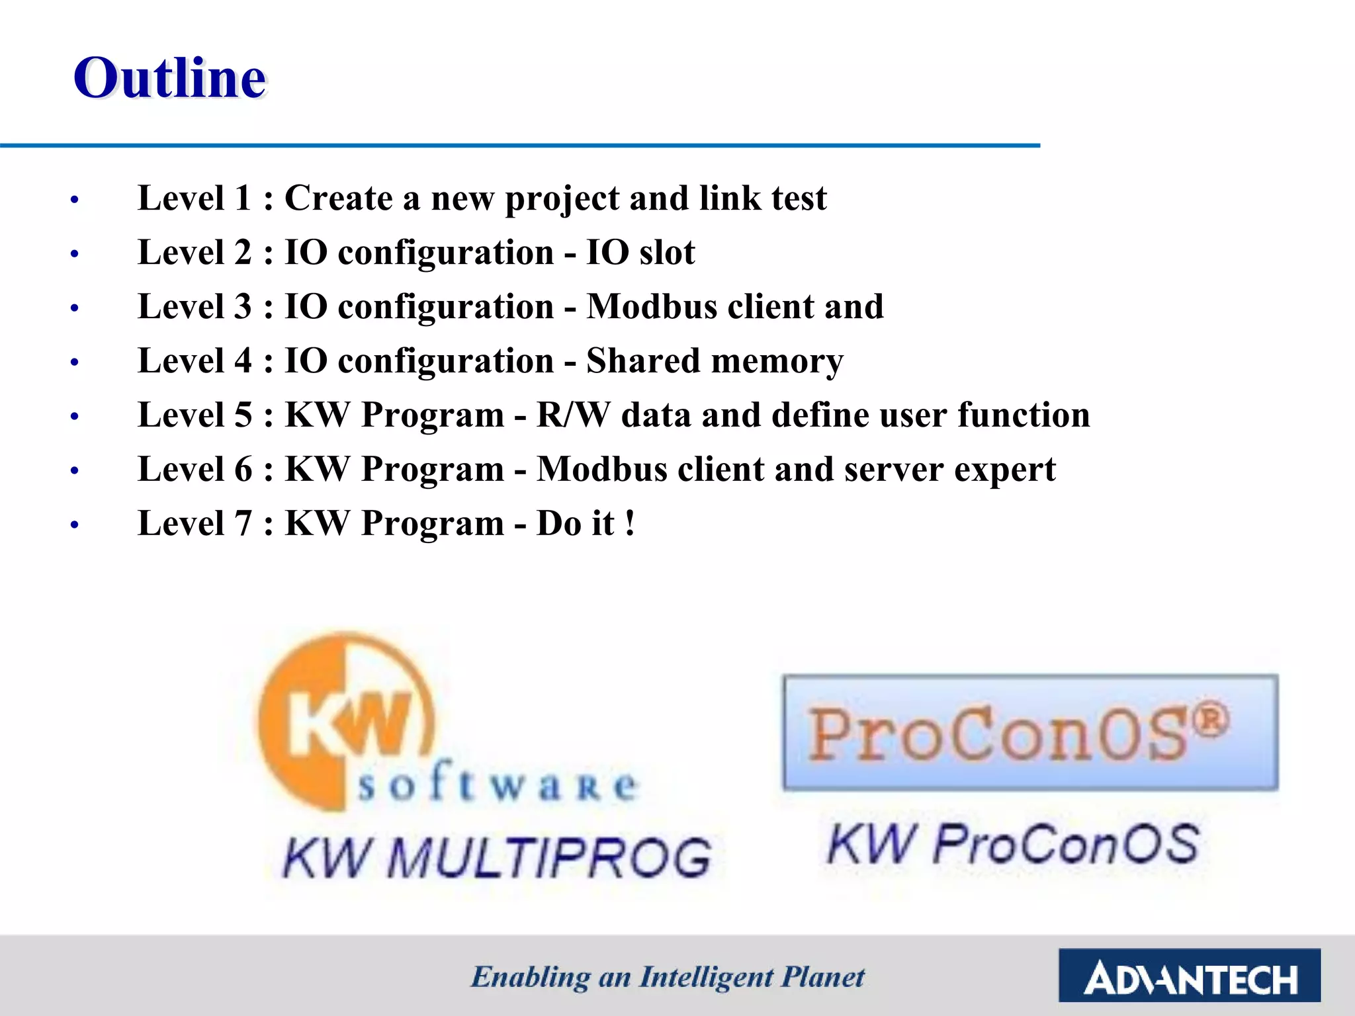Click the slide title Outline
coord(169,78)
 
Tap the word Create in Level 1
coord(338,198)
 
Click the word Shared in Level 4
coord(643,361)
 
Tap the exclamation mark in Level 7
coord(630,523)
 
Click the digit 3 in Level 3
coord(243,307)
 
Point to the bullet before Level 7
coord(75,525)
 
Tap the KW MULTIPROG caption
coord(496,858)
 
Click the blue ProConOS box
coord(1030,733)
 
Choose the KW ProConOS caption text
coord(1012,845)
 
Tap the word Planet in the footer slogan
coord(822,977)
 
